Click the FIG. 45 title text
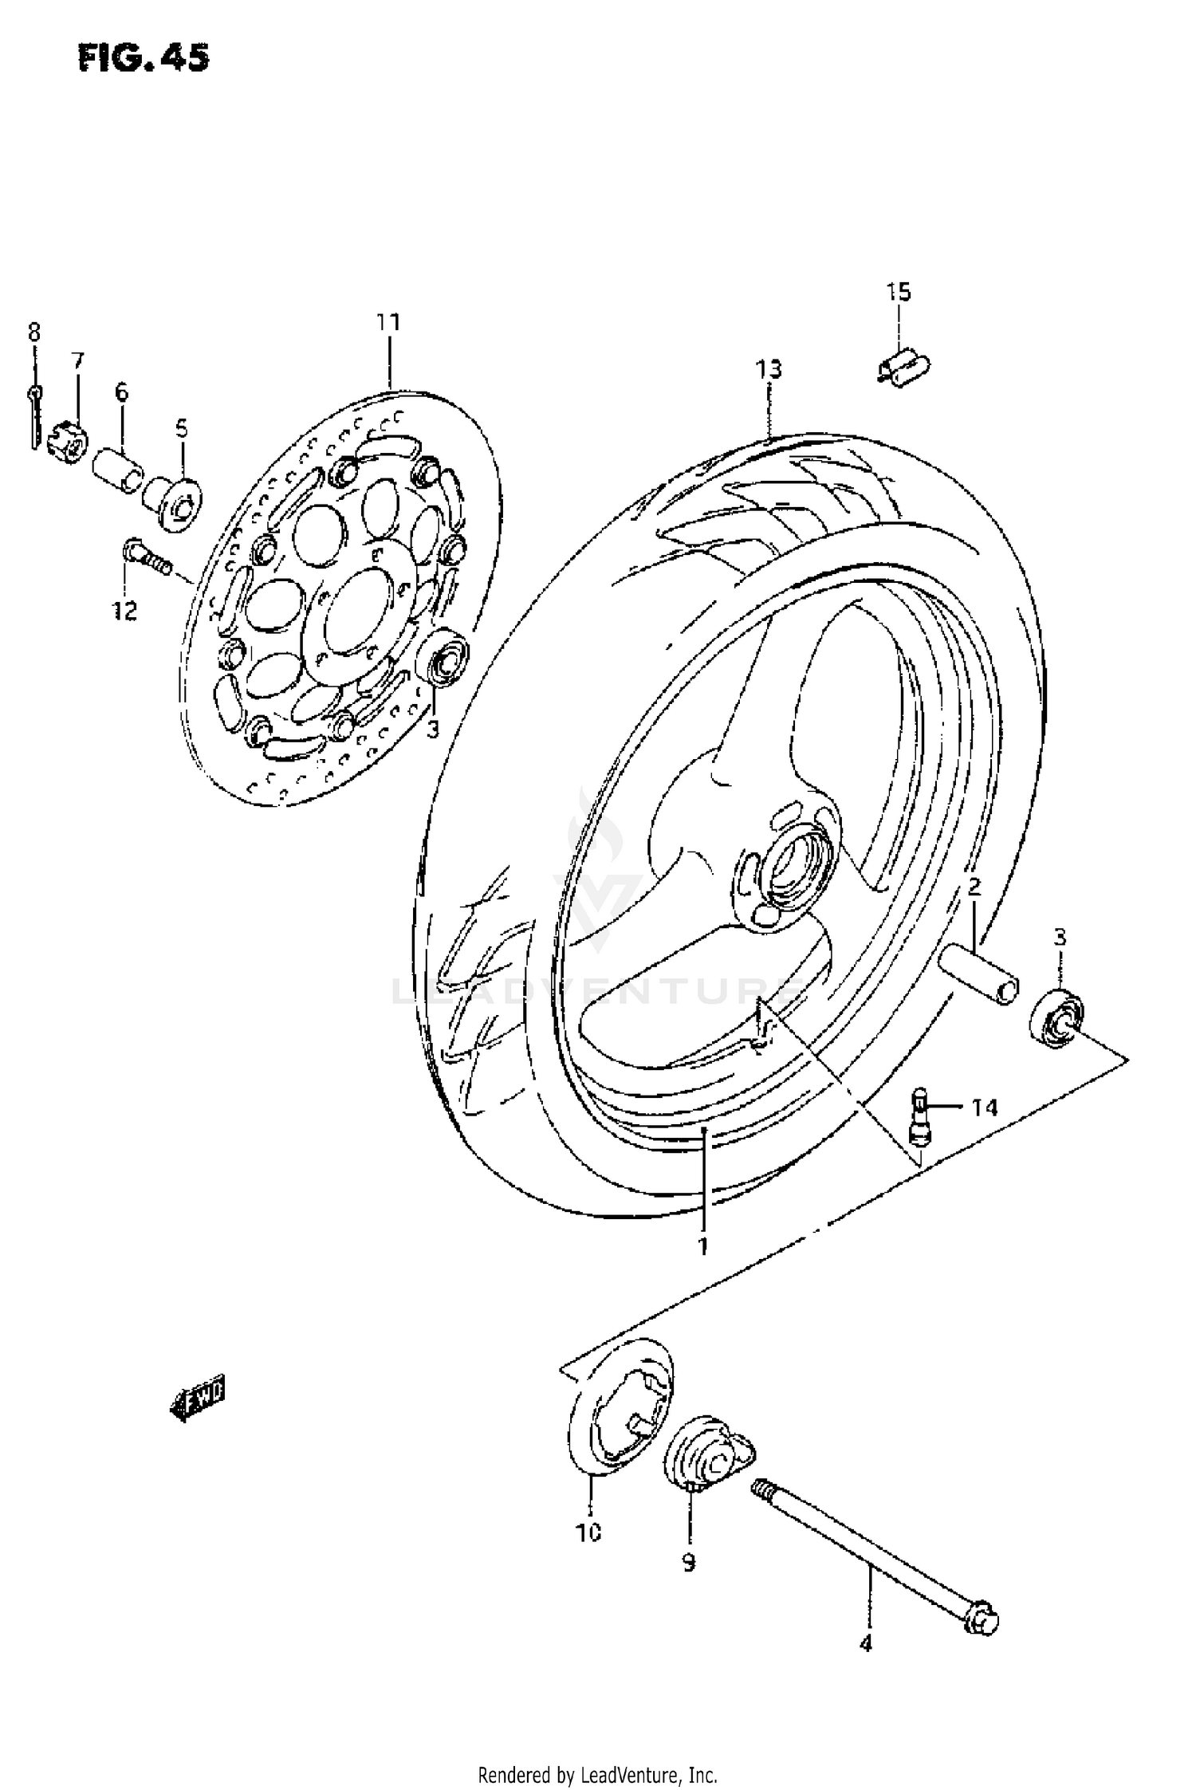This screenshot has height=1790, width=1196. pyautogui.click(x=144, y=58)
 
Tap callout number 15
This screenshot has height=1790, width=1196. pyautogui.click(x=898, y=292)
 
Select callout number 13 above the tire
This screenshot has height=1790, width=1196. pyautogui.click(x=769, y=369)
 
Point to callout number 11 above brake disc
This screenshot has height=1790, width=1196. pyautogui.click(x=388, y=322)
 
